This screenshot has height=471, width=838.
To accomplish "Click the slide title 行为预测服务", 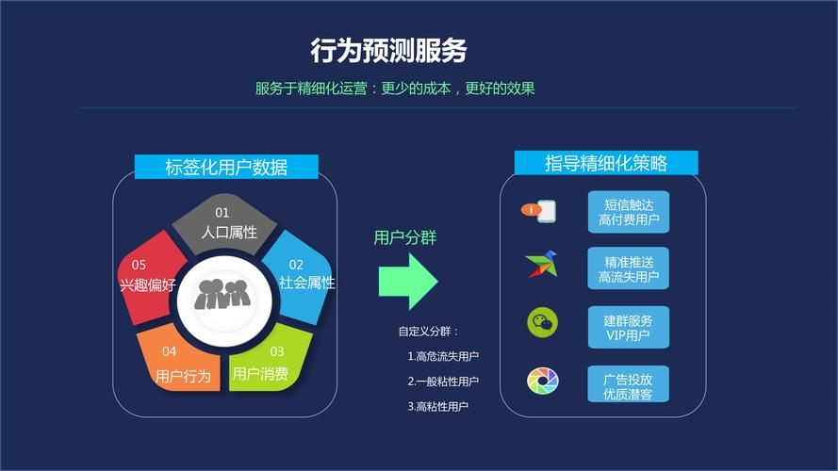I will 388,50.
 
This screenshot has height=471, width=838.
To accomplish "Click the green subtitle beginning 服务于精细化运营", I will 395,89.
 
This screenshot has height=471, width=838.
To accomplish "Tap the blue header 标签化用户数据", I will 226,168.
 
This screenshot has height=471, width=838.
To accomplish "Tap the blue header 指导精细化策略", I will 606,163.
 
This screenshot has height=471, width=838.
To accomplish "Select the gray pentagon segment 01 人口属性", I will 225,223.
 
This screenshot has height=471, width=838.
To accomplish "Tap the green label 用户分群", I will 405,237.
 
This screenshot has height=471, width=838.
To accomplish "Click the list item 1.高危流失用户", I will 443,356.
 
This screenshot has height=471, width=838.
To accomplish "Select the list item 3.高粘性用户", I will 438,406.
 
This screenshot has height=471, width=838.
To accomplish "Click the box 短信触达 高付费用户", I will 628,213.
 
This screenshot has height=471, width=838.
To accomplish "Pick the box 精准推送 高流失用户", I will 628,268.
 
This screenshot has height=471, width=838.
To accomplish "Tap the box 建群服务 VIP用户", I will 628,327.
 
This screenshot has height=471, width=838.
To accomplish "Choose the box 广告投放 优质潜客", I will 628,384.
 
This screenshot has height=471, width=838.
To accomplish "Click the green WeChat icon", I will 542,323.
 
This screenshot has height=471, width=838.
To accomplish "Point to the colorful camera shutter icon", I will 542,382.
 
